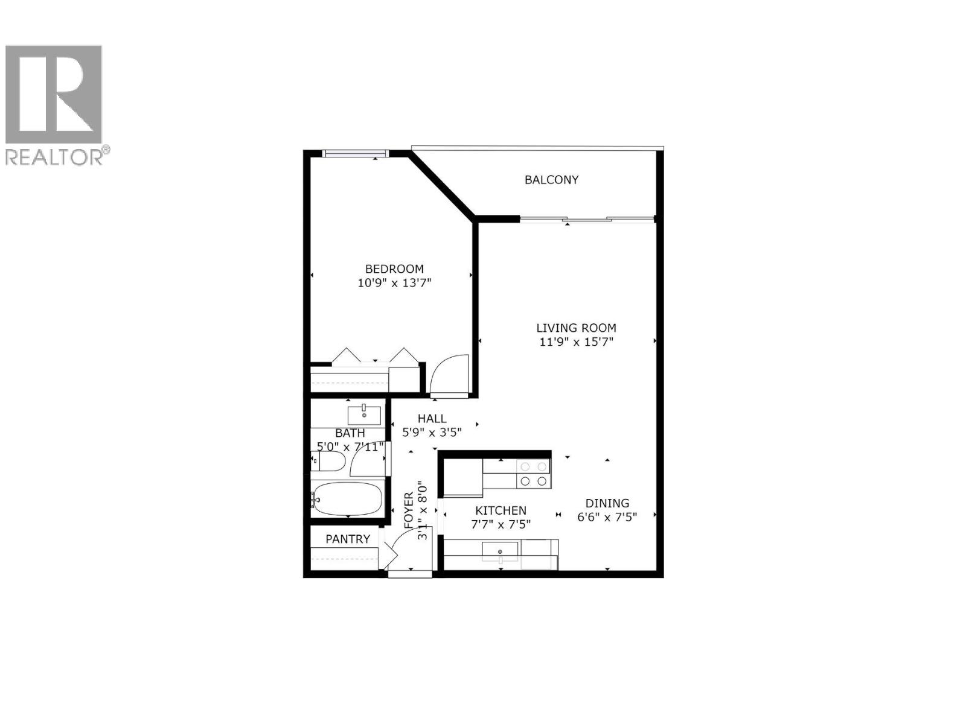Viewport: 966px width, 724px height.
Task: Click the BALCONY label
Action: pyautogui.click(x=551, y=180)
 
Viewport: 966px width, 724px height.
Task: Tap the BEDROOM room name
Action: pyautogui.click(x=394, y=269)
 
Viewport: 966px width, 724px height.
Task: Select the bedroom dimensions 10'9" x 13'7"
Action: pyautogui.click(x=394, y=283)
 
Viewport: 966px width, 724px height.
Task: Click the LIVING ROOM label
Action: pyautogui.click(x=576, y=328)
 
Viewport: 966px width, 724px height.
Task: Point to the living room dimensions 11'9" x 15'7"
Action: pyautogui.click(x=576, y=342)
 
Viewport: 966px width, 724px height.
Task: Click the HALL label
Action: pyautogui.click(x=432, y=419)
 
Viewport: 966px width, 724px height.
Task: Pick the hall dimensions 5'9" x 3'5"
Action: pyautogui.click(x=432, y=432)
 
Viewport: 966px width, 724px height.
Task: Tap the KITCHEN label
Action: pyautogui.click(x=501, y=510)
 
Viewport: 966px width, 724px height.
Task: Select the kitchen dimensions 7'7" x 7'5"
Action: pyautogui.click(x=501, y=524)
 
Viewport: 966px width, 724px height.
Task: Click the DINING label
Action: pyautogui.click(x=607, y=503)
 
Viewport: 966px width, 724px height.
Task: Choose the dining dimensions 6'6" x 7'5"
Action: pyautogui.click(x=607, y=516)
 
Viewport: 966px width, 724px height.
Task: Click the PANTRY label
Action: pyautogui.click(x=348, y=539)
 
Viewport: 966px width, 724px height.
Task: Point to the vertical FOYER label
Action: pyautogui.click(x=409, y=510)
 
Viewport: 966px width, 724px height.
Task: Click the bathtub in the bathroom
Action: pyautogui.click(x=348, y=499)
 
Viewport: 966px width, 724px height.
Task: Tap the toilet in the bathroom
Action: pyautogui.click(x=327, y=463)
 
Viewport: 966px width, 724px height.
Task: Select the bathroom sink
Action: pyautogui.click(x=364, y=416)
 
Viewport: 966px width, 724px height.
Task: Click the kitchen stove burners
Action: pyautogui.click(x=534, y=474)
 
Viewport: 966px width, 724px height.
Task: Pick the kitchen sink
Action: pyautogui.click(x=500, y=551)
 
